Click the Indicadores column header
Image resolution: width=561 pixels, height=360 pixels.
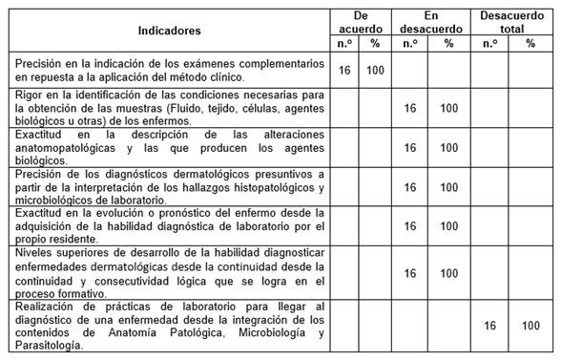point(168,30)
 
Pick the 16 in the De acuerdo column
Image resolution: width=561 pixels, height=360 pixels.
point(345,70)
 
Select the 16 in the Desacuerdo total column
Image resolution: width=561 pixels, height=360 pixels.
point(490,326)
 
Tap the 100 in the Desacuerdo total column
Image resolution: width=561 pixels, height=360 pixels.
point(530,326)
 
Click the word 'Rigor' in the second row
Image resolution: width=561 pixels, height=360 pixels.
point(29,94)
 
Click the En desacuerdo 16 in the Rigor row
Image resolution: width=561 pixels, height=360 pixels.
point(410,108)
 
